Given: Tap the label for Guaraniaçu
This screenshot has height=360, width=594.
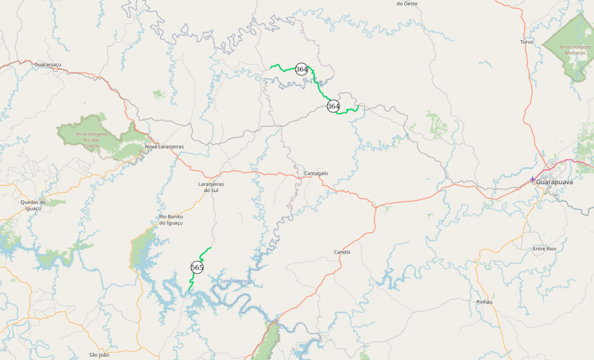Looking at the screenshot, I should point(48,65).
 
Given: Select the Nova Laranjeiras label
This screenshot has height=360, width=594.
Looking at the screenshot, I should point(164,147).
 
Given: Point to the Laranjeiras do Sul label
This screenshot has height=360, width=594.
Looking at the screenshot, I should point(210,187).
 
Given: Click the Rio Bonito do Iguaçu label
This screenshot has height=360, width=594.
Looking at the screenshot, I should point(171,219).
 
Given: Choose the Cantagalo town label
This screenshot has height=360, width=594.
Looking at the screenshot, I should point(316,174).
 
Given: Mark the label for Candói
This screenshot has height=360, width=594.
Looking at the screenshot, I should point(342,252).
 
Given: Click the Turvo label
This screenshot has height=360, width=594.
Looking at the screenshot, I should point(526,42).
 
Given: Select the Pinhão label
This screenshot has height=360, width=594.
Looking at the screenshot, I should point(484,302).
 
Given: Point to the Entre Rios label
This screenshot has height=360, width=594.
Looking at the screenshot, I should point(544,248).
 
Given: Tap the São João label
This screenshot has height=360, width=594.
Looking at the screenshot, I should point(99,355).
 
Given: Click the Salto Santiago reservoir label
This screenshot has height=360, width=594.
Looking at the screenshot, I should point(236,281).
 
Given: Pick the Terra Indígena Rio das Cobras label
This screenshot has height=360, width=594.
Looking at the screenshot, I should point(90,139).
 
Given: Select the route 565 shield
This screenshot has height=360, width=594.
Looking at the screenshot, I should point(197,267).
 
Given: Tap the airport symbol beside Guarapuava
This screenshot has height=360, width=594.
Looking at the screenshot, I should point(532,179).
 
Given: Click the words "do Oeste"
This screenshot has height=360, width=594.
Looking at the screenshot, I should point(407,3).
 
